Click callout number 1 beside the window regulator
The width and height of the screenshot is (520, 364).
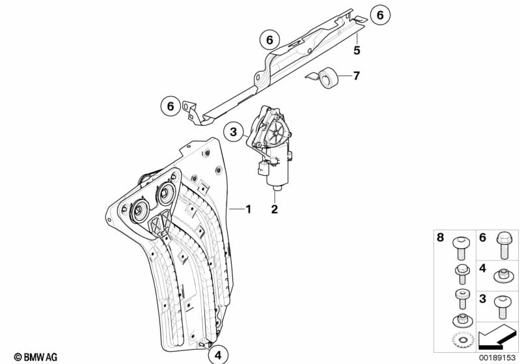coord(247,210)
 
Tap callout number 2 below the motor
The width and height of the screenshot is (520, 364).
coord(275,209)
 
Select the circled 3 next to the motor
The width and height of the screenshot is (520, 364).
coord(233,133)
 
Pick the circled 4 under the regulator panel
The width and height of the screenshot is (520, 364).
coord(218,355)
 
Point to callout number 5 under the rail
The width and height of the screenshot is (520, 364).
coord(357,49)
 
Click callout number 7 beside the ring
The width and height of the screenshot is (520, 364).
coord(356,76)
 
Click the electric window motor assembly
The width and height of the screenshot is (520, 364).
coord(274,147)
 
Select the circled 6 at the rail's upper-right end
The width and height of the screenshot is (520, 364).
coord(381,14)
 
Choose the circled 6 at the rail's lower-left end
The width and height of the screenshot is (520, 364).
coord(171,105)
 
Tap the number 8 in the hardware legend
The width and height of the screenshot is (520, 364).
coord(440,239)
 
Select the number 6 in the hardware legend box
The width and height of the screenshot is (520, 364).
coord(483,239)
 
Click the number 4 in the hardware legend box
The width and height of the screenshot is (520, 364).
coord(483,268)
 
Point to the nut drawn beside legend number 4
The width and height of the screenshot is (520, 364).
coord(504,276)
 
